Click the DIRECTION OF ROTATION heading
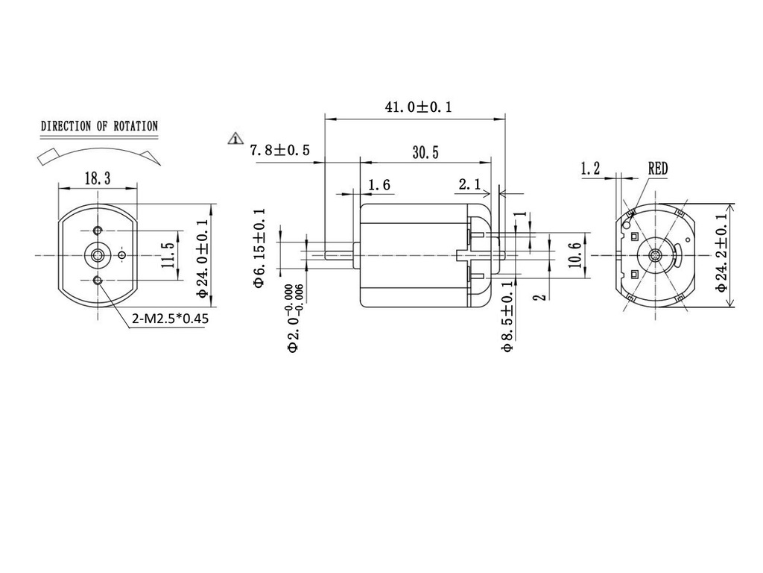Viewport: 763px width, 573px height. tap(99, 126)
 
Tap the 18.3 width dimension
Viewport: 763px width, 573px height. tap(98, 178)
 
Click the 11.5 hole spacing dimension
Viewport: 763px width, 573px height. tap(168, 255)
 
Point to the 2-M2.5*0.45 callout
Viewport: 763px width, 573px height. tap(170, 319)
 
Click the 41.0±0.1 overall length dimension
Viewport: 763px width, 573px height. tap(417, 107)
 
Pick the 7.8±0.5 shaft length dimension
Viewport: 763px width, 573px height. tap(280, 150)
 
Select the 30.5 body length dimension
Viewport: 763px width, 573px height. tap(425, 152)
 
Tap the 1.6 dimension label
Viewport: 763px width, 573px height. tap(379, 184)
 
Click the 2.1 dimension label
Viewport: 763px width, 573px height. tap(469, 184)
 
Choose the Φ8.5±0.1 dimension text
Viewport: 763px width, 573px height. tap(508, 316)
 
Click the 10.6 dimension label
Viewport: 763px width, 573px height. tap(573, 254)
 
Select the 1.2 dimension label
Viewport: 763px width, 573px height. tap(590, 169)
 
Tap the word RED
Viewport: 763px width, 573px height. tap(658, 169)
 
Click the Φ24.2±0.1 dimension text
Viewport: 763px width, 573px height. tap(721, 254)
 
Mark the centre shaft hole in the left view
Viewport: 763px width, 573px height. tap(98, 254)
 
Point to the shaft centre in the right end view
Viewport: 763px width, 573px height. tap(655, 255)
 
